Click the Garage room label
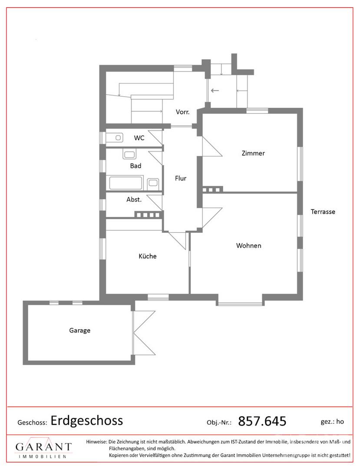tap(79, 330)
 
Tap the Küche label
tap(147, 256)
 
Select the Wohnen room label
tap(248, 245)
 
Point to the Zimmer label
tap(253, 153)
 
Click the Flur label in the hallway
tap(181, 178)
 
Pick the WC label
tap(139, 138)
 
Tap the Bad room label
tap(135, 166)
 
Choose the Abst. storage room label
tap(134, 199)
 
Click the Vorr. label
tap(182, 112)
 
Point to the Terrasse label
tap(323, 212)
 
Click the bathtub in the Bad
tap(126, 183)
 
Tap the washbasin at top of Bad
tap(129, 155)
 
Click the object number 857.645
tap(262, 421)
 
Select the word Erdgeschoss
tap(87, 421)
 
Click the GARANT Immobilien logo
tap(43, 448)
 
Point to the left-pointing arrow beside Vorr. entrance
tap(215, 91)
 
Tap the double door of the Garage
tap(144, 333)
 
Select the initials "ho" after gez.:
tap(340, 421)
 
